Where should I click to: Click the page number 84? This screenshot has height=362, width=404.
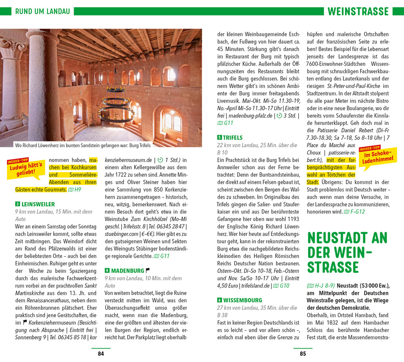(101, 354)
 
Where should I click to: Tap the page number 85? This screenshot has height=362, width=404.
(303, 354)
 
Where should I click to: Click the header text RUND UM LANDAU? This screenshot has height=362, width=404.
(42, 11)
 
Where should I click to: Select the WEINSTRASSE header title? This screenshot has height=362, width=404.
(358, 11)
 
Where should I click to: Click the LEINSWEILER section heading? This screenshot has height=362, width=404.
(38, 204)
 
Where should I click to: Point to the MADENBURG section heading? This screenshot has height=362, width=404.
(128, 271)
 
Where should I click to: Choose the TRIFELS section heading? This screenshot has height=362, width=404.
(233, 138)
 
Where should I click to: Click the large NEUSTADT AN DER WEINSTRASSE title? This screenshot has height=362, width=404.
(347, 252)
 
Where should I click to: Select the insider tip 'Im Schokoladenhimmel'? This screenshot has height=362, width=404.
(377, 157)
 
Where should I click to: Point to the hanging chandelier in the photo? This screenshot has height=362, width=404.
(116, 105)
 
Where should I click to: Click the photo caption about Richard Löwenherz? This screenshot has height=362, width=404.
(83, 145)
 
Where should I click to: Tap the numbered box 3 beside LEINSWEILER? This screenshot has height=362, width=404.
(17, 204)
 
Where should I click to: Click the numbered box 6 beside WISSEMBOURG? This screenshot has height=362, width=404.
(219, 300)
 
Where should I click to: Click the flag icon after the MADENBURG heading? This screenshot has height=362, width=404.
(148, 271)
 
